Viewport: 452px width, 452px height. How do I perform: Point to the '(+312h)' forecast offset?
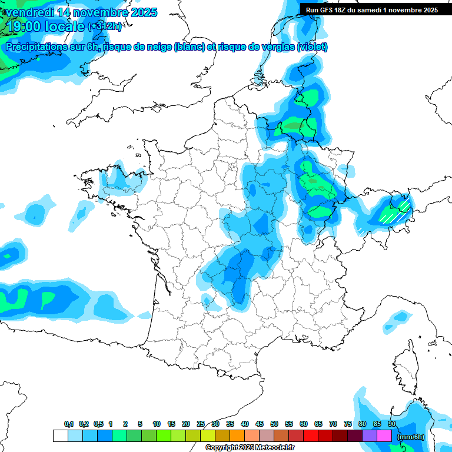pos(104,26)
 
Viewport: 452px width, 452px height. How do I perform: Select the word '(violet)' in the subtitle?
pos(312,47)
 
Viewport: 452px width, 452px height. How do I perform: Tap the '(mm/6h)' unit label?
pos(410,437)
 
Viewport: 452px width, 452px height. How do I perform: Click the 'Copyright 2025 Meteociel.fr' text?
pos(250,448)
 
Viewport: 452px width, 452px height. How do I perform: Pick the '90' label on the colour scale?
pos(392,424)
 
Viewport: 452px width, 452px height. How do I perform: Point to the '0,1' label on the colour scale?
pos(69,424)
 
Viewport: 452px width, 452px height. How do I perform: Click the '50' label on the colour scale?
pos(274,424)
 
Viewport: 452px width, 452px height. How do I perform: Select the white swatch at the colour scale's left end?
pos(60,436)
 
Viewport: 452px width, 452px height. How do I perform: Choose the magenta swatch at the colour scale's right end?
pos(384,436)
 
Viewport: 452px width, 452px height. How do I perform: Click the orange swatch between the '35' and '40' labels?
pos(237,436)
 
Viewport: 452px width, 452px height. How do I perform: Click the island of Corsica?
pos(404,362)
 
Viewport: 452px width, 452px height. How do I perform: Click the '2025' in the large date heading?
pos(143,12)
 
